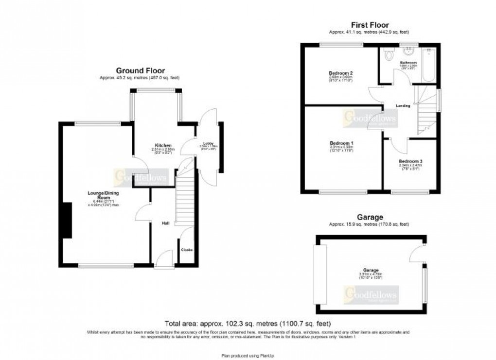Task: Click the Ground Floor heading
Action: (140, 70)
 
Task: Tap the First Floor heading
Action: (370, 25)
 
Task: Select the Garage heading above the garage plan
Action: (370, 217)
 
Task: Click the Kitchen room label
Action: (163, 145)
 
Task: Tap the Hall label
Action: (165, 223)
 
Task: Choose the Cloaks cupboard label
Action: (187, 250)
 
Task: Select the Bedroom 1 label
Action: (341, 143)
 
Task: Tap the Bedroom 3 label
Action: (407, 161)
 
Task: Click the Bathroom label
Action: (408, 63)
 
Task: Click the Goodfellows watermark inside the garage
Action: (371, 294)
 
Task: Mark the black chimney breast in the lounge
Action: (66, 221)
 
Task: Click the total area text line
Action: (248, 324)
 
